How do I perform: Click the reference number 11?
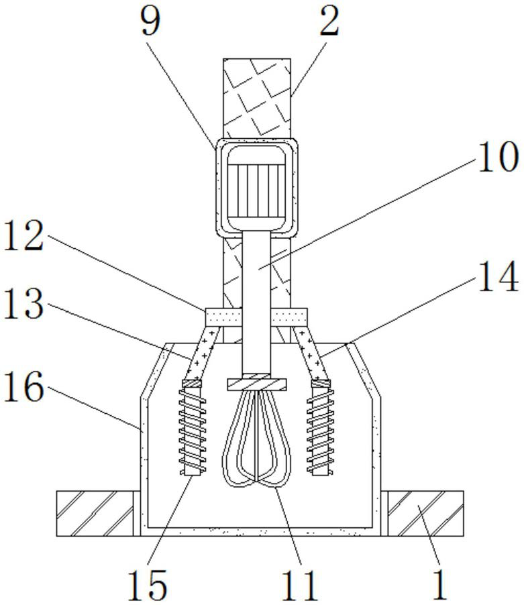(x=299, y=584)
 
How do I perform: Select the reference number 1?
(x=439, y=584)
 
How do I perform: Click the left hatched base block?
(x=95, y=513)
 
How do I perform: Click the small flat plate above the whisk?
(x=257, y=384)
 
